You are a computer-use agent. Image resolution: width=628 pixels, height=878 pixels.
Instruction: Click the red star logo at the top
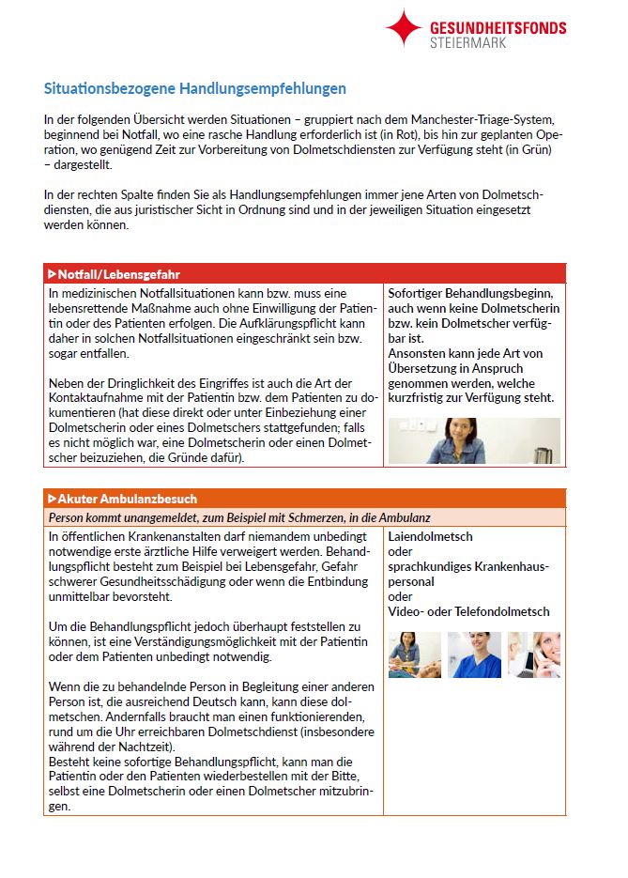pos(404,28)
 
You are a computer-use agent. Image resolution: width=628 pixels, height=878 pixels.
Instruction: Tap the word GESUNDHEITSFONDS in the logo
pos(498,27)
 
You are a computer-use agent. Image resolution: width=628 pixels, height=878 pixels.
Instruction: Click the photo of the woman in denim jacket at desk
pos(473,439)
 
